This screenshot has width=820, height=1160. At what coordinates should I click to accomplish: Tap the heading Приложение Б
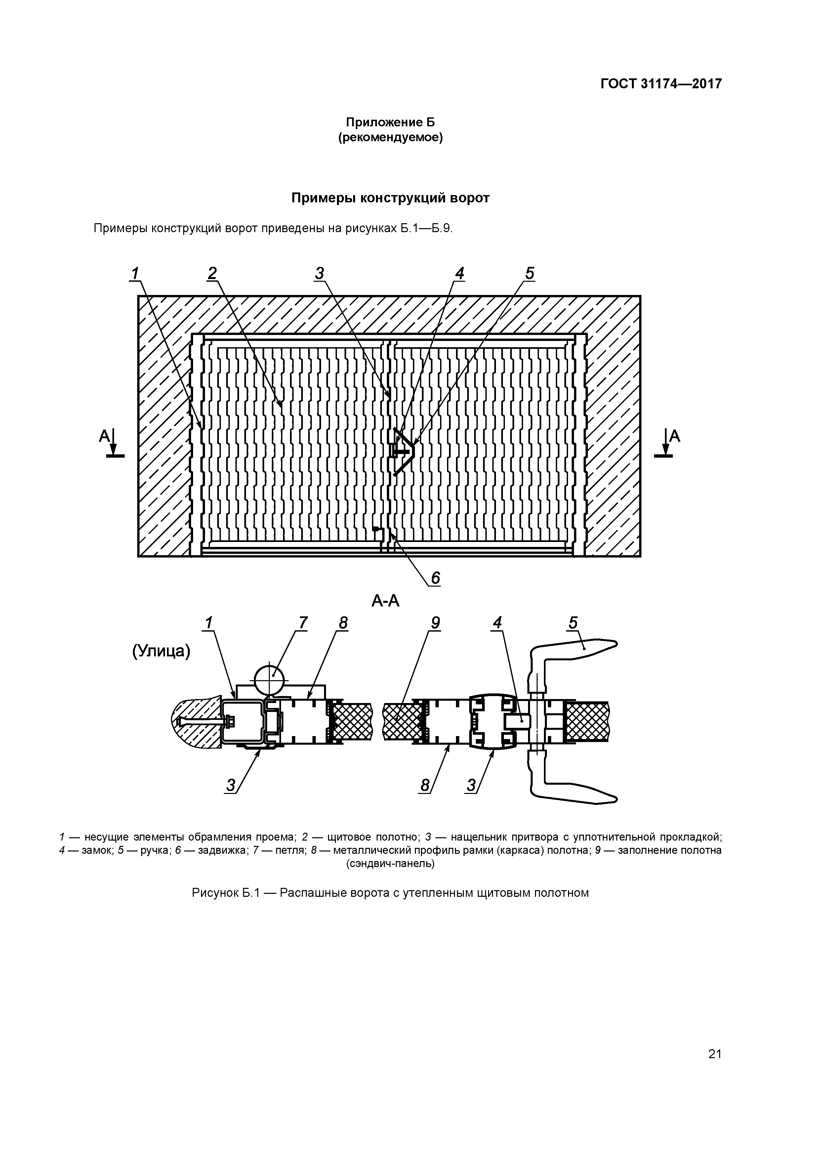[390, 122]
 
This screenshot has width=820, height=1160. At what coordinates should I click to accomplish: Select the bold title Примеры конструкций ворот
[390, 198]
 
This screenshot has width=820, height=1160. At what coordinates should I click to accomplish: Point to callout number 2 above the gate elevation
[212, 273]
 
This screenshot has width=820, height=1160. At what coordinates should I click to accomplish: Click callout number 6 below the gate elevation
[435, 577]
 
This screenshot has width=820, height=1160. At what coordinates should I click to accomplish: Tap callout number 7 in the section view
[302, 623]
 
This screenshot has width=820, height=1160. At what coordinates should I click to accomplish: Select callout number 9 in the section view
[435, 623]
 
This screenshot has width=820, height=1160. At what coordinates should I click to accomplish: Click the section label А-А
[386, 601]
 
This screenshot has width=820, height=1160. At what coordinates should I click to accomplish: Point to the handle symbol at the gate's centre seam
[403, 450]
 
